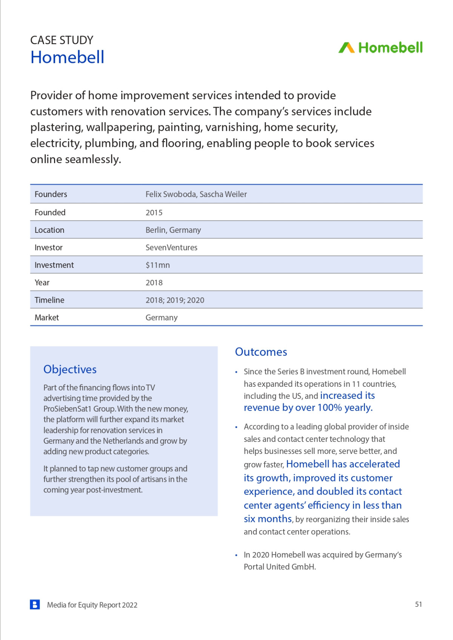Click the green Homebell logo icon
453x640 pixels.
pos(346,48)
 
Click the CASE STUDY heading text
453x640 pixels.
pos(62,40)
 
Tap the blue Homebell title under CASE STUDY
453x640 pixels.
pos(67,57)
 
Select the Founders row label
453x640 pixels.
pos(51,194)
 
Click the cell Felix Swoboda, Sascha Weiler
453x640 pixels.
pos(196,194)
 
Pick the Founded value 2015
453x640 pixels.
pos(154,212)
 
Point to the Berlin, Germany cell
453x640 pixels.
pos(173,230)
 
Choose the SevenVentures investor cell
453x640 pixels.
pos(171,248)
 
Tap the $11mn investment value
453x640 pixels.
pos(157,265)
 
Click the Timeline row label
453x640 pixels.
pos(49,300)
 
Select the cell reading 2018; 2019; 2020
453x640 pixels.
pos(175,300)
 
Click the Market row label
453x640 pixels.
pos(47,318)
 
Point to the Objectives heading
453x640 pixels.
pos(70,369)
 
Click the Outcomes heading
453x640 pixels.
pos(261,352)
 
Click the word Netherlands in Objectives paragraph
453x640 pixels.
pos(123,441)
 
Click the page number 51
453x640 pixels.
pos(418,604)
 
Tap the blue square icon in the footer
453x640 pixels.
pos(35,605)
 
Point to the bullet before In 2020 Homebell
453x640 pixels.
pos(236,555)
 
